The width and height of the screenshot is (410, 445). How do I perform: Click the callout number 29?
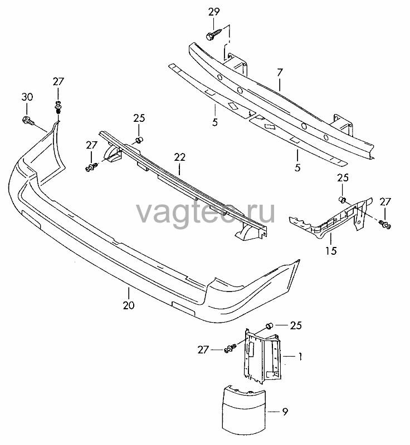point(214,12)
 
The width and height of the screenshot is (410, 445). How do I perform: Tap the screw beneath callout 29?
point(213,34)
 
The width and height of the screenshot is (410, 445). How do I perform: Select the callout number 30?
point(27,97)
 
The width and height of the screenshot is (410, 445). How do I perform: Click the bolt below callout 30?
point(27,121)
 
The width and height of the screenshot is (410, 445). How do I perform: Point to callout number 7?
point(280,73)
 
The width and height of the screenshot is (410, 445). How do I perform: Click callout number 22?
point(179,157)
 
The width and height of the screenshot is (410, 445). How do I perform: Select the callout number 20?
point(129,305)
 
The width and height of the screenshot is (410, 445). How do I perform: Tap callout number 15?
point(331,251)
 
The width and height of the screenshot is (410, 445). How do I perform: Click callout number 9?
point(285,412)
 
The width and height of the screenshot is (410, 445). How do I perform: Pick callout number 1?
point(300,357)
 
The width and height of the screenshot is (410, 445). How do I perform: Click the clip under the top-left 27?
point(58,107)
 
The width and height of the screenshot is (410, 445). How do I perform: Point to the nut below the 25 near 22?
point(139,140)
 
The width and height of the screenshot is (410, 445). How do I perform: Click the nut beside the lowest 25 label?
point(269,326)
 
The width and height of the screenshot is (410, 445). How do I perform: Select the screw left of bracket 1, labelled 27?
point(230,349)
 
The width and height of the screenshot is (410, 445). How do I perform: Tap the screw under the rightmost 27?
point(385,225)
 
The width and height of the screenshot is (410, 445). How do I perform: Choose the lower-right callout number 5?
point(297,167)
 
